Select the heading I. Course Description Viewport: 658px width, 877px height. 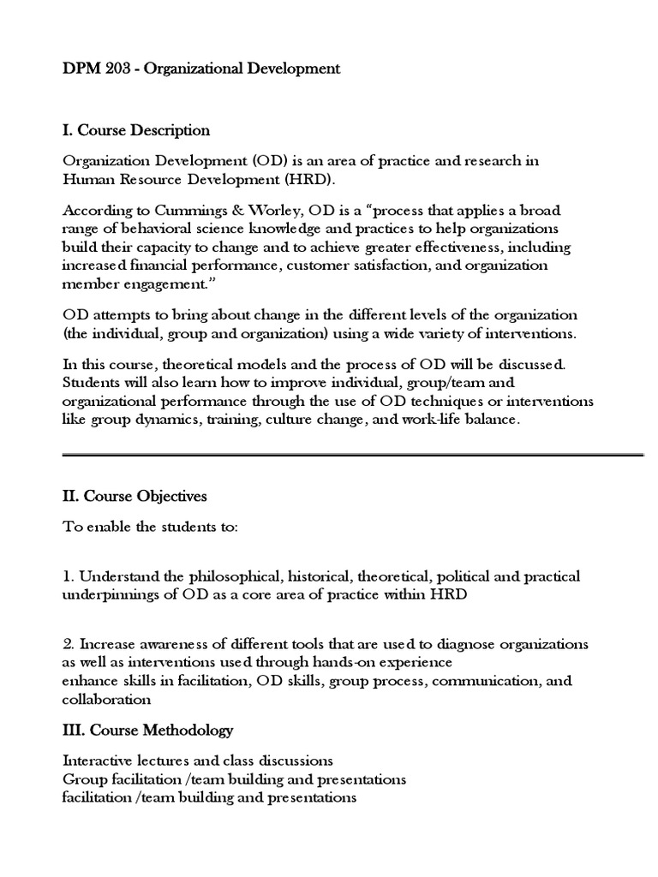(136, 130)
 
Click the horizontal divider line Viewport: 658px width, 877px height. (353, 456)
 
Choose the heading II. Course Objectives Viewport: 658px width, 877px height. (135, 496)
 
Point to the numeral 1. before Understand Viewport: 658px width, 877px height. (68, 576)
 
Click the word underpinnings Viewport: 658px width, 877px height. (108, 594)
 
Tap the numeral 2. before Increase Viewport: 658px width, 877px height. (68, 643)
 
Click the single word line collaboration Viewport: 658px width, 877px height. (106, 699)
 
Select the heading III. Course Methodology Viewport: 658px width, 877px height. (147, 731)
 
